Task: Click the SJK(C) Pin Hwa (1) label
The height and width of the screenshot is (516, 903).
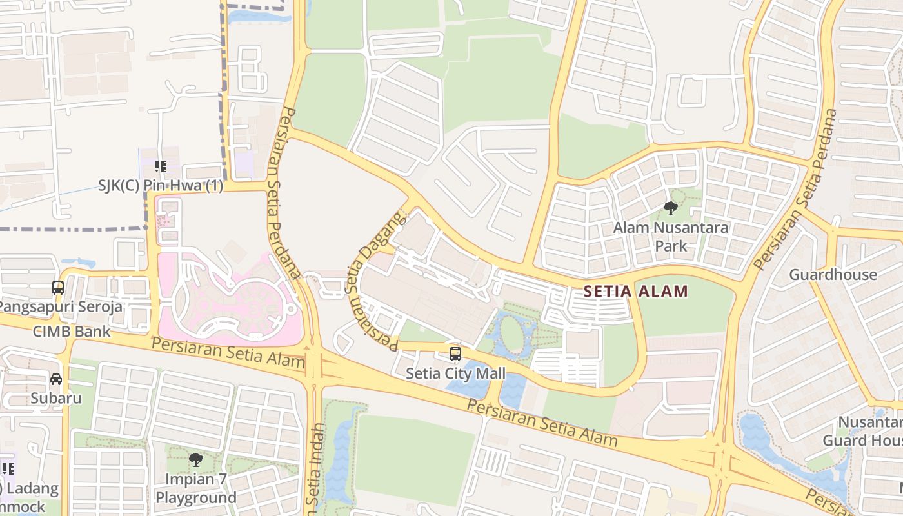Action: (161, 186)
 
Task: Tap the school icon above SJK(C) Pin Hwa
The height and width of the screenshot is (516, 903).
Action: (161, 167)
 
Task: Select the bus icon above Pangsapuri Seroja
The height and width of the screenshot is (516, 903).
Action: (58, 288)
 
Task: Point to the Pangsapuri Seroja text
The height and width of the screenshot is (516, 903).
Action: (61, 306)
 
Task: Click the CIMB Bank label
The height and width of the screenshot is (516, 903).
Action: (72, 332)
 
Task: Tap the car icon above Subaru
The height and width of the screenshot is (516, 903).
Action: (56, 379)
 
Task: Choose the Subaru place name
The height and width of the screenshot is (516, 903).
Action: (56, 398)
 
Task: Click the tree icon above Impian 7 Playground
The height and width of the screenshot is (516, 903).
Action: (196, 460)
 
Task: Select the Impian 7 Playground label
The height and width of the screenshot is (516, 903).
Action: (196, 488)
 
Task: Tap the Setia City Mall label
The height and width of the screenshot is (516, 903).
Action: (455, 373)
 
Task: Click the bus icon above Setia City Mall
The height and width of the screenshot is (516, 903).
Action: (455, 353)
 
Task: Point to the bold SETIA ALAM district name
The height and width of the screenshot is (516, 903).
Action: (635, 292)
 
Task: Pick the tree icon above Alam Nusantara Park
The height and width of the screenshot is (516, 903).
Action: (671, 208)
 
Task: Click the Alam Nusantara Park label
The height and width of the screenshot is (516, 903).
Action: (671, 236)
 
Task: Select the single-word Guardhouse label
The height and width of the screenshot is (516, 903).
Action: (833, 275)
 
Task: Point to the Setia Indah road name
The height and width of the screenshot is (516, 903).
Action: (315, 468)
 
